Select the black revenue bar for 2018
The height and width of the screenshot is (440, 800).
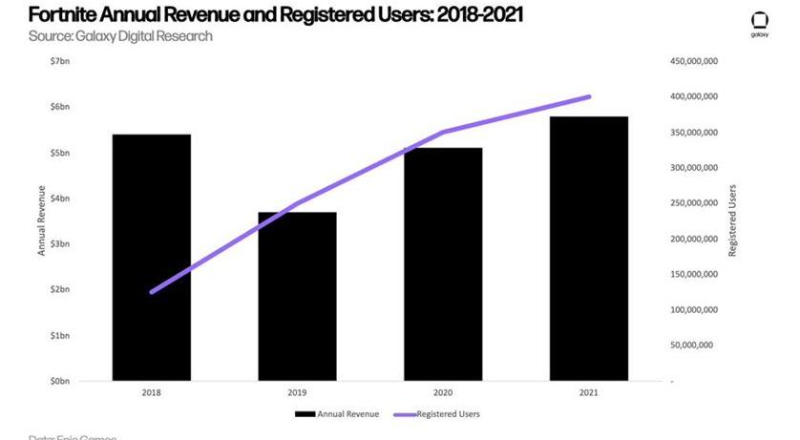[x=151, y=258]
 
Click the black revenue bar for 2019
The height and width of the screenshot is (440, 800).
[x=297, y=296]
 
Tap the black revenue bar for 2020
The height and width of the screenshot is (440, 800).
[x=442, y=264]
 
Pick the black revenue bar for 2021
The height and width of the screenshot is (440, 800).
[x=588, y=248]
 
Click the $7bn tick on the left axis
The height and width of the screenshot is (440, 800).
[x=60, y=61]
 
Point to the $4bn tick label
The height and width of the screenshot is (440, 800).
[x=60, y=199]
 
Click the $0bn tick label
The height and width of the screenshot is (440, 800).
[x=60, y=381]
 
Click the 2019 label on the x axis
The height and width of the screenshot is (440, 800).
[x=297, y=391]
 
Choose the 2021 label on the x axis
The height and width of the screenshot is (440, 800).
[x=588, y=391]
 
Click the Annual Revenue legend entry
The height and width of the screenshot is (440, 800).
[x=337, y=414]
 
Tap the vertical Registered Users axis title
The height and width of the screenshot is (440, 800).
[x=732, y=220]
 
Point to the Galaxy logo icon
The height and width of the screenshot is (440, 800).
[x=760, y=21]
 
